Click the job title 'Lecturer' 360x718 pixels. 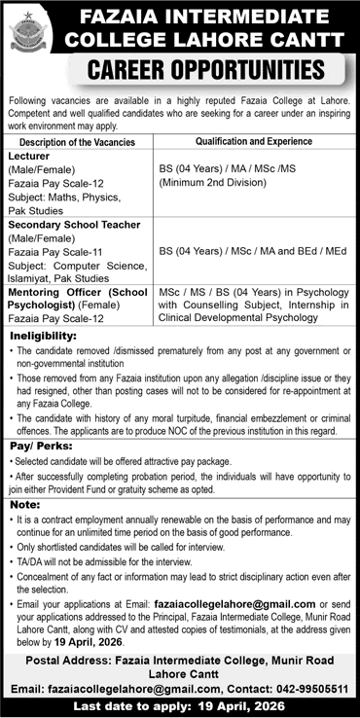click(x=30, y=155)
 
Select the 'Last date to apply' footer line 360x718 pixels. click(x=179, y=707)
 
